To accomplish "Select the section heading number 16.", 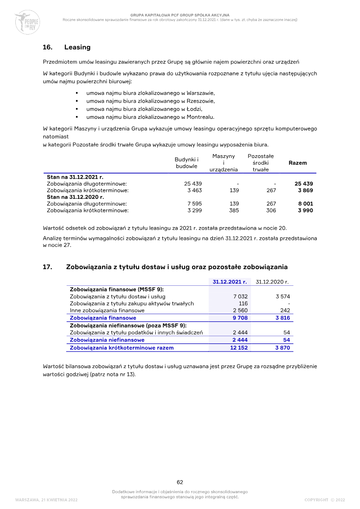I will point(48,47).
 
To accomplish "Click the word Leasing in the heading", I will point(77,47).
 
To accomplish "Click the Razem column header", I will point(297,162).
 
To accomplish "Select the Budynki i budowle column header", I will point(186,162).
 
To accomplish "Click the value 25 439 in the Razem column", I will point(304,184).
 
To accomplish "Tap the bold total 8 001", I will point(305,203).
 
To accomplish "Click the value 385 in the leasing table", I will point(234,210).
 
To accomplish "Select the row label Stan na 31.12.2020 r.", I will point(75,197).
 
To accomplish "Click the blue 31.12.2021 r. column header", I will point(230,282).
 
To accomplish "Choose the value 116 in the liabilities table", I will point(243,303).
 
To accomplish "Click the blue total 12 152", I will point(239,347).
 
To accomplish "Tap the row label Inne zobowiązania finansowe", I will point(107,311).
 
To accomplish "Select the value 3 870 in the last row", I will point(283,347).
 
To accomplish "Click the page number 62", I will point(180,482).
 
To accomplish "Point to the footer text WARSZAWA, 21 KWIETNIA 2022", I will point(46,500).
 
